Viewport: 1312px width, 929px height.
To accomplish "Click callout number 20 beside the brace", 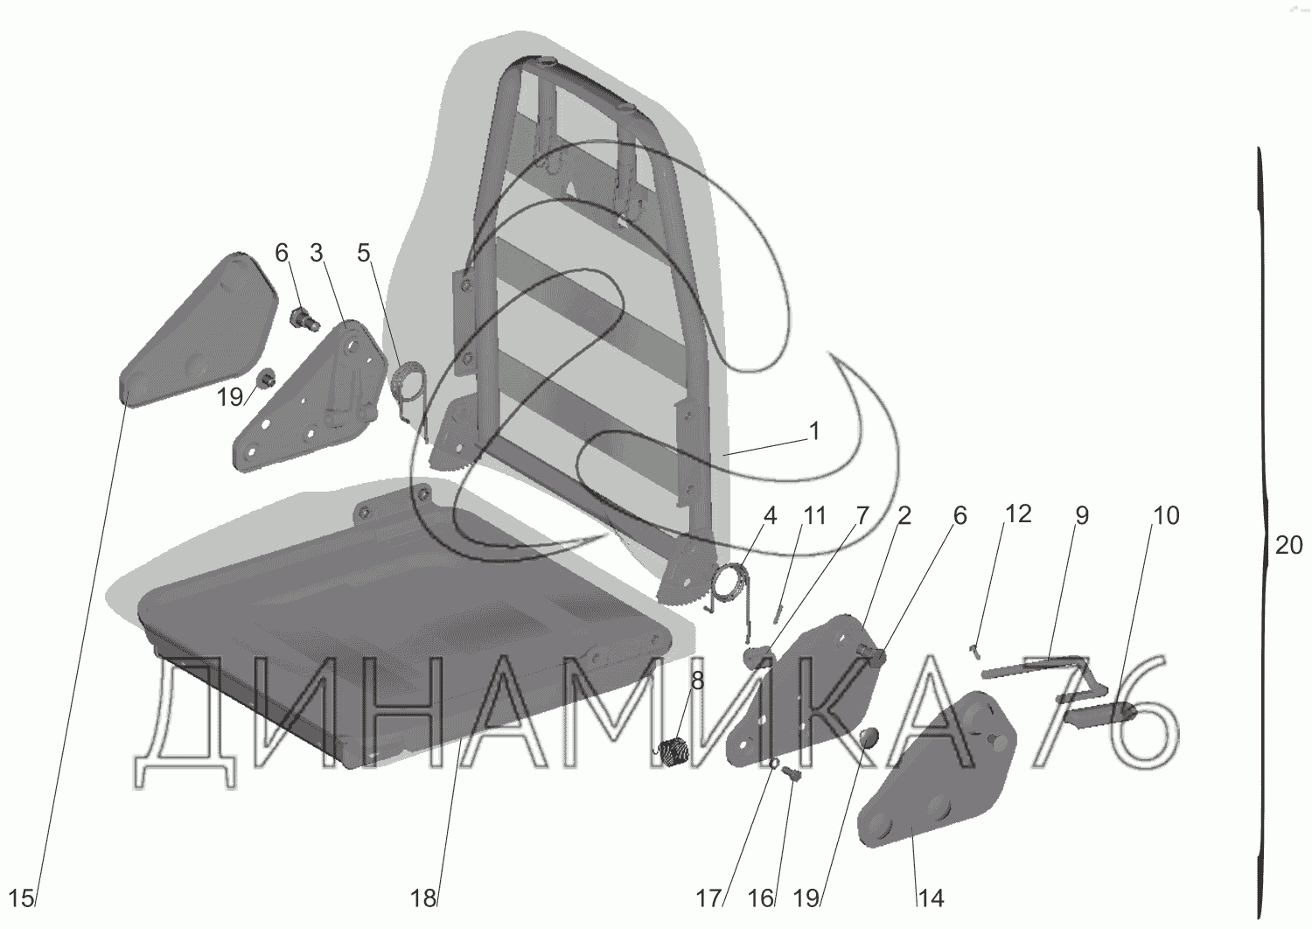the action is (1288, 546).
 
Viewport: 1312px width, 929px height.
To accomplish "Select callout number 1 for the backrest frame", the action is (814, 431).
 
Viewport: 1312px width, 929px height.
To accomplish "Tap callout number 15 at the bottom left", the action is (23, 897).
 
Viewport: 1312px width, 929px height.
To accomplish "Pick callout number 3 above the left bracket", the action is (316, 254).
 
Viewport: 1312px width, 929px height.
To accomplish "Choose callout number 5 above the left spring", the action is (363, 254).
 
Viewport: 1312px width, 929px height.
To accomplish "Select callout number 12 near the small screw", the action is (1018, 514).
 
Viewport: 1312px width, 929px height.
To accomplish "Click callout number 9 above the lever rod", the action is (1082, 515).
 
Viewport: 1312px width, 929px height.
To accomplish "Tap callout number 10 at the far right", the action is (1166, 515).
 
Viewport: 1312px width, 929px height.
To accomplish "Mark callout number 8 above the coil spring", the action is (696, 680).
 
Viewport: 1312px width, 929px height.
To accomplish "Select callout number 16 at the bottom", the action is (761, 897).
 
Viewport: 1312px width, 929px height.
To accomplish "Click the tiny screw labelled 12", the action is (975, 648).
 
